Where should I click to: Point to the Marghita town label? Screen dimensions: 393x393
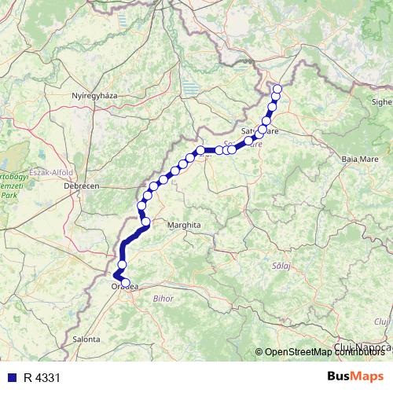pyautogui.click(x=185, y=225)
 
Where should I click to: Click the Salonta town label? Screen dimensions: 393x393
pyautogui.click(x=86, y=339)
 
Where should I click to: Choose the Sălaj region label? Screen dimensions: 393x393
pyautogui.click(x=281, y=267)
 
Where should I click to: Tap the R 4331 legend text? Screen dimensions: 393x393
pyautogui.click(x=42, y=378)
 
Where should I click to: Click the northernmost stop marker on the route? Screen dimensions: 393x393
pyautogui.click(x=276, y=89)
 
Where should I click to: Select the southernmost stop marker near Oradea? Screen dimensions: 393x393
pyautogui.click(x=125, y=283)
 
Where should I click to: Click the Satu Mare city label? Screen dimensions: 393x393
pyautogui.click(x=260, y=132)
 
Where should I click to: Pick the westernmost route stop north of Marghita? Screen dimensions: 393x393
pyautogui.click(x=141, y=205)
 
